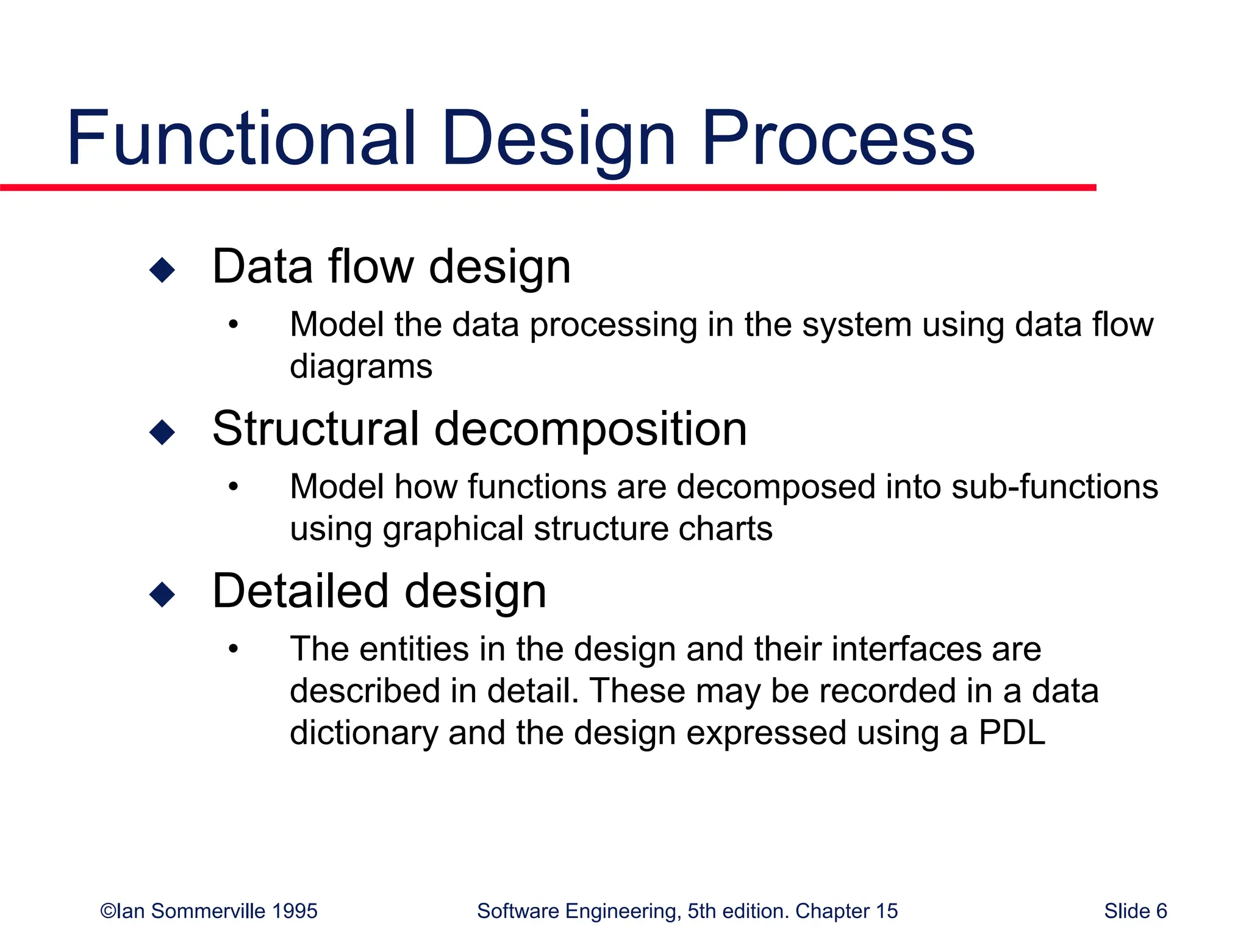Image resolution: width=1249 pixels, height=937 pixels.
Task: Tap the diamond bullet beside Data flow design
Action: (x=162, y=270)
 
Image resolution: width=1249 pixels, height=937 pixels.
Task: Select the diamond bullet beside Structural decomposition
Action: (x=162, y=432)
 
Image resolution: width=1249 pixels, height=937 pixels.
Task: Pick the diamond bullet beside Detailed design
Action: (x=162, y=594)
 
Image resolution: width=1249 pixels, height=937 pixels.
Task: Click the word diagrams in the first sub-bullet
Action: (x=361, y=367)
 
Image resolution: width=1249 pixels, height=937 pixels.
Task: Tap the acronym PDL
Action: (x=1012, y=732)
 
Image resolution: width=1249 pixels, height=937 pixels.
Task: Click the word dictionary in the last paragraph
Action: (x=363, y=732)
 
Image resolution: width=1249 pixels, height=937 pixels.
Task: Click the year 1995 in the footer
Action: (x=295, y=911)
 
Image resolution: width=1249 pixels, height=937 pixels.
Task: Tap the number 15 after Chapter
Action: (x=886, y=911)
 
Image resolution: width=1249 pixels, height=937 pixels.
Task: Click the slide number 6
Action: (x=1161, y=911)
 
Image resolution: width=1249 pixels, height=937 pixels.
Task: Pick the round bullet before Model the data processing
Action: (x=233, y=325)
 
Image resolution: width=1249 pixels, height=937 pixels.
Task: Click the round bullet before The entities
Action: (x=233, y=650)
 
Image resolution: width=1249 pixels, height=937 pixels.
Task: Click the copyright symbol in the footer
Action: (x=107, y=911)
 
